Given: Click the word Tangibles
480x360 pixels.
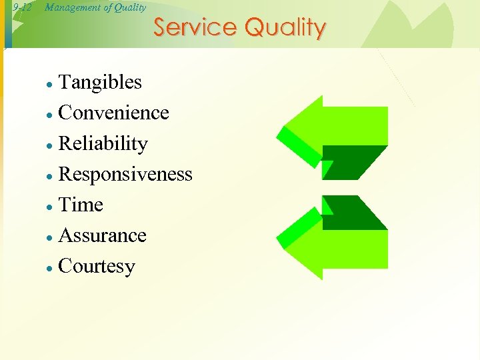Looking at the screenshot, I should point(100,83).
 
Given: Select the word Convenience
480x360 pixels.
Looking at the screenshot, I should point(113,113).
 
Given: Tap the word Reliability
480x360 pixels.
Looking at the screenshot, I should point(103,144).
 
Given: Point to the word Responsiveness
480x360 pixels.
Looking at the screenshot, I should point(125,175).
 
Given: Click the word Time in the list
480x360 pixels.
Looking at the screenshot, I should point(81,205).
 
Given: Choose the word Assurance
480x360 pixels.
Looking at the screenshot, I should point(102,236).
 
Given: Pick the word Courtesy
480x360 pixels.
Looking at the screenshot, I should point(97,267).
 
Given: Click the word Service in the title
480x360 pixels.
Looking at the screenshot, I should point(195,28).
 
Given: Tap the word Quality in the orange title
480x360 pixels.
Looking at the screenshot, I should point(285,28).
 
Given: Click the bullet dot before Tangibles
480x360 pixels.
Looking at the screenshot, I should point(49,85).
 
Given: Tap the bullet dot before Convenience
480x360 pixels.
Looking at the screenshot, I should point(49,115).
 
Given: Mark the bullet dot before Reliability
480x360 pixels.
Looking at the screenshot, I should point(49,145).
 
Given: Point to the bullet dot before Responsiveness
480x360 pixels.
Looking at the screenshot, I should point(49,176).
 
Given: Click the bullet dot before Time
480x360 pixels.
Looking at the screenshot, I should point(49,207).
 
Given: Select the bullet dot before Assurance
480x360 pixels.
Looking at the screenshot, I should point(49,237).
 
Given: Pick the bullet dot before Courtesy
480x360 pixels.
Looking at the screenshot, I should point(49,268).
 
